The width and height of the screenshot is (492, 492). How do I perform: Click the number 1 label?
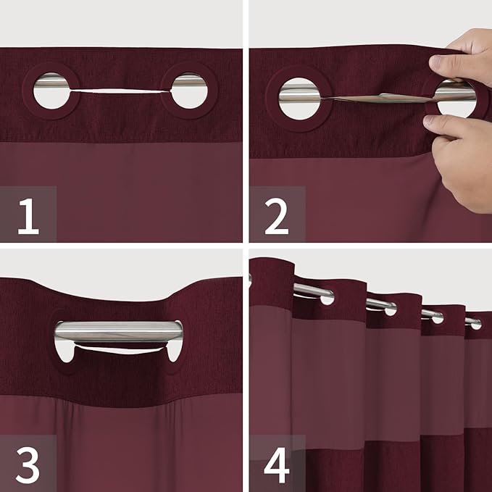click(28, 216)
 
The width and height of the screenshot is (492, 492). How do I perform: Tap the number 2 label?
click(276, 216)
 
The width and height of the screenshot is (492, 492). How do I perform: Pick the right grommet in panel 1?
click(189, 91)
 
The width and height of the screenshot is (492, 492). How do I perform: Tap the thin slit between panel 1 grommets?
click(120, 91)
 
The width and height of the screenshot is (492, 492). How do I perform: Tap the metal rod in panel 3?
click(119, 331)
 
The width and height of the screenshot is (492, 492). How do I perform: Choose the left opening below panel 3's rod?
click(65, 352)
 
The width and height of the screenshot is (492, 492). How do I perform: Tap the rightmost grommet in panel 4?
click(475, 323)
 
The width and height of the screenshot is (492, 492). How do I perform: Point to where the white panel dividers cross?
click(246, 246)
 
